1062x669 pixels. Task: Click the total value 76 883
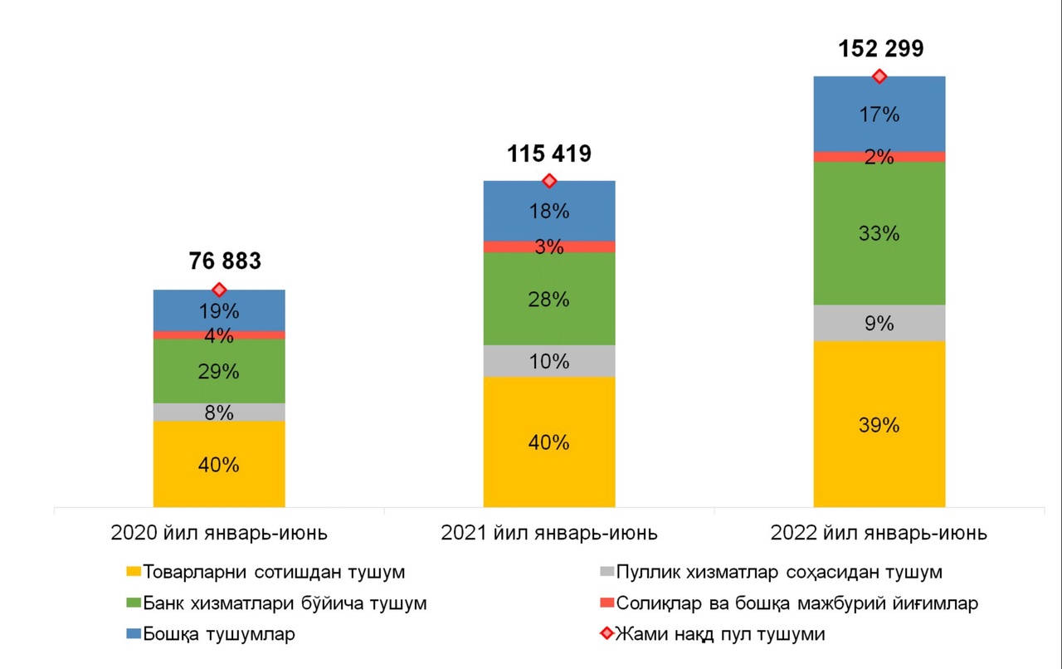(x=219, y=261)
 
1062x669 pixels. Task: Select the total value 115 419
(x=548, y=154)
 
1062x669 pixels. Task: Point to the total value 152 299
(x=879, y=49)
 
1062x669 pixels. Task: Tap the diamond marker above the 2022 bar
(x=879, y=76)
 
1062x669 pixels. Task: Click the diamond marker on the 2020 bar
(x=219, y=290)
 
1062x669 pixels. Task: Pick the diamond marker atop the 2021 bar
(x=548, y=181)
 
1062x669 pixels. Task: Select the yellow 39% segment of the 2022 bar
(x=879, y=424)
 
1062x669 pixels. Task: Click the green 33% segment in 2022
(x=879, y=233)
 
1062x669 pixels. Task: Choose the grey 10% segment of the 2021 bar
(x=549, y=361)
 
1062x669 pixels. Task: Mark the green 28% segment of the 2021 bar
(x=549, y=299)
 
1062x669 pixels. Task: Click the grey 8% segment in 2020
(x=219, y=413)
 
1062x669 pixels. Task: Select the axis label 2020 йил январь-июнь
(x=219, y=533)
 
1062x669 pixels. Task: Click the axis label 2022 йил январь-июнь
(x=879, y=533)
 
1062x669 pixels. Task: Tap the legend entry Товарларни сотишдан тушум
(x=274, y=572)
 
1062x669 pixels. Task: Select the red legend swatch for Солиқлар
(x=606, y=603)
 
